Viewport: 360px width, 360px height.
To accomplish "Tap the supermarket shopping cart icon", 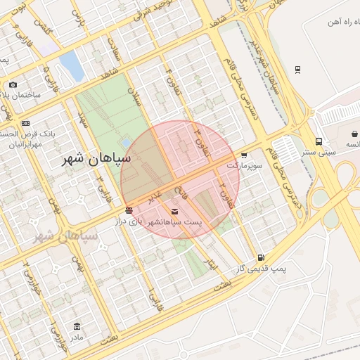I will (x=244, y=155).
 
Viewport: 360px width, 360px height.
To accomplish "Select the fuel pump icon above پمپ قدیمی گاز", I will (x=262, y=258).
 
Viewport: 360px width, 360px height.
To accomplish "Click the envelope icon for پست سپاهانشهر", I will (x=174, y=211).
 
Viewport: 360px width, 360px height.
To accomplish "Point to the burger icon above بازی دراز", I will (x=129, y=210).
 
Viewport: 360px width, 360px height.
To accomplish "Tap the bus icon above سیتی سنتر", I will (x=319, y=141).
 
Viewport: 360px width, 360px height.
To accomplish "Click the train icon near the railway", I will (x=298, y=70).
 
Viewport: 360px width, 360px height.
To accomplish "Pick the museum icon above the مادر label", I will (x=77, y=327).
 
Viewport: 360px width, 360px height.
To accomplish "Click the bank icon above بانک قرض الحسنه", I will (x=26, y=123).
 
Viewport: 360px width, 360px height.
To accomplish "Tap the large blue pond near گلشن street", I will (x=71, y=65).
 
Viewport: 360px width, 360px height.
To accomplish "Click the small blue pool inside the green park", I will (x=126, y=143).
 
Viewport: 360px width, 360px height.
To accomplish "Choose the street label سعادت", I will (x=112, y=48).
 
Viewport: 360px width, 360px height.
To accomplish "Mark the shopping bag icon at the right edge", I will (x=354, y=134).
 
